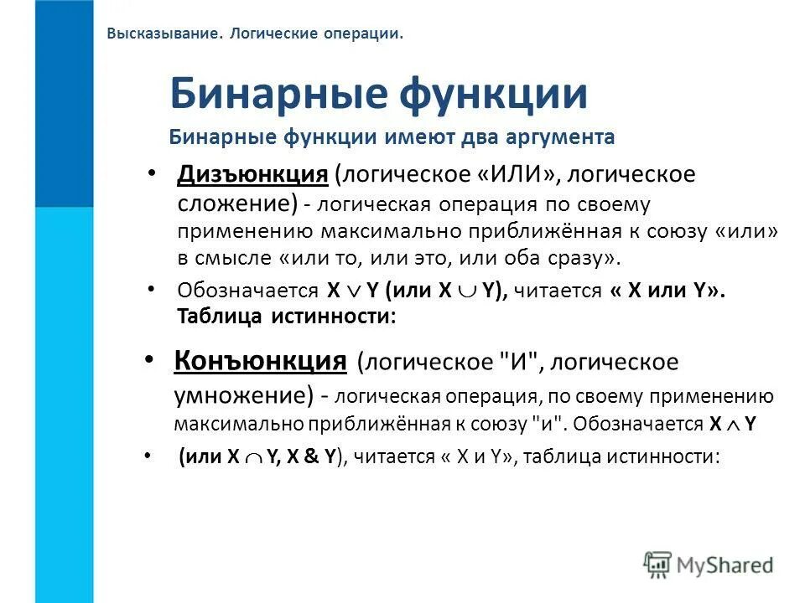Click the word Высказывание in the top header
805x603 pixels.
pos(157,34)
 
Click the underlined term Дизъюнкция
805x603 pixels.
pos(252,175)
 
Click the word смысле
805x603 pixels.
pos(234,259)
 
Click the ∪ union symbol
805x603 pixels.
pos(465,291)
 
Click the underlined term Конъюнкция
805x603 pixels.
pos(261,361)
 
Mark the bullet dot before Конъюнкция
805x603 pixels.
pos(149,358)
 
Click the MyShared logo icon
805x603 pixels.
pos(658,564)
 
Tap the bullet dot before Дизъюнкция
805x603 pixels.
pos(151,173)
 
